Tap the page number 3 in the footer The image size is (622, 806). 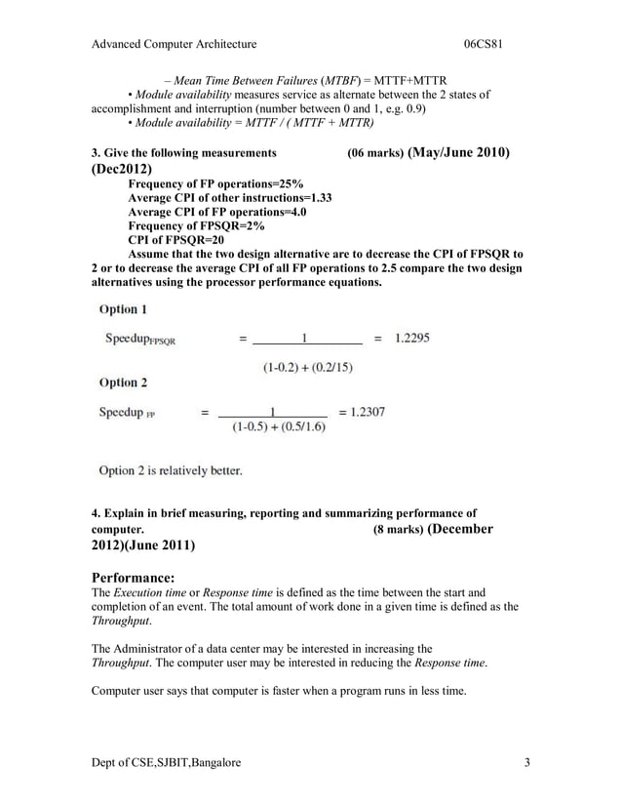click(526, 761)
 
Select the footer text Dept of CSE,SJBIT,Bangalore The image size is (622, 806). click(165, 761)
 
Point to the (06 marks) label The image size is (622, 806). click(375, 154)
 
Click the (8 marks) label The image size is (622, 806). click(399, 530)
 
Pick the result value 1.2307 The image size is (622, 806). click(361, 412)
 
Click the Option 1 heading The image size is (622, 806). click(124, 309)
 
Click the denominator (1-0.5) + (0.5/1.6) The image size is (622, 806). click(279, 427)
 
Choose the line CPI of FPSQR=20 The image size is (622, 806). click(176, 239)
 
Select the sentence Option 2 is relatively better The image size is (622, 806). click(171, 470)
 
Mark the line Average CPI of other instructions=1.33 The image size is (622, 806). click(230, 197)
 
